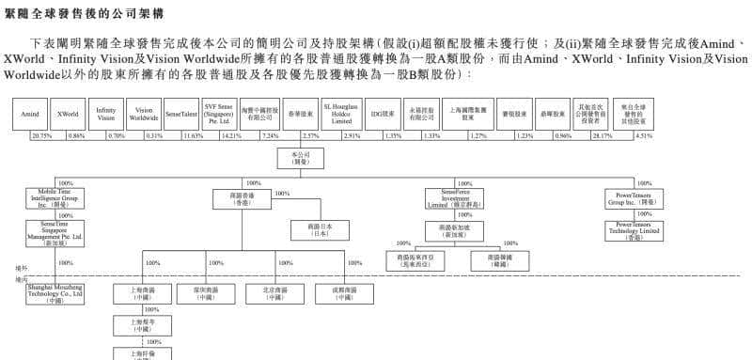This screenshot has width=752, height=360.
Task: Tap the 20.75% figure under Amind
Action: tap(41, 135)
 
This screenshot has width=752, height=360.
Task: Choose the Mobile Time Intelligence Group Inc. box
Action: tap(55, 198)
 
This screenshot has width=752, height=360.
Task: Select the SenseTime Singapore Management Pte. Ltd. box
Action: tap(55, 231)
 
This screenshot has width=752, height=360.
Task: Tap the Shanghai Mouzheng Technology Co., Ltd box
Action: tap(55, 292)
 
